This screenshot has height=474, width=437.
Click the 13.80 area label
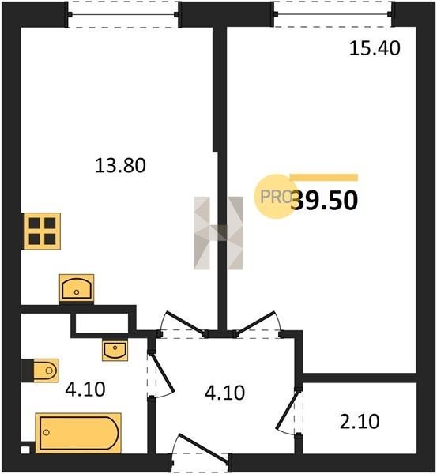point(120,166)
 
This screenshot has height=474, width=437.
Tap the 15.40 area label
point(375,48)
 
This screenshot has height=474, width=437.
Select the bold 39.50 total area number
point(324,201)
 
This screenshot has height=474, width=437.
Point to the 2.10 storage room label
point(360,421)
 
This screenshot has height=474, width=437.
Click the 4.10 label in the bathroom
point(85,389)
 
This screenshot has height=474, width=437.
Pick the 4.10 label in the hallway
point(224,393)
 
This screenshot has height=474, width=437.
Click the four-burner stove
point(42,231)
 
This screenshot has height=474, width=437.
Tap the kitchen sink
point(77,288)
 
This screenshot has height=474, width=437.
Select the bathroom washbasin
point(115,350)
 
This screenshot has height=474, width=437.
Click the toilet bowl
point(45,371)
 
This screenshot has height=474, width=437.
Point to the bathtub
point(78,433)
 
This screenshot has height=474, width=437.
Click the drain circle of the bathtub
point(47,432)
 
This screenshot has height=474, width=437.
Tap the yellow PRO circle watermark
point(274,197)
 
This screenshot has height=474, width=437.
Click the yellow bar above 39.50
point(324,178)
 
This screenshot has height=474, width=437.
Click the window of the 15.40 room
point(333,14)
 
